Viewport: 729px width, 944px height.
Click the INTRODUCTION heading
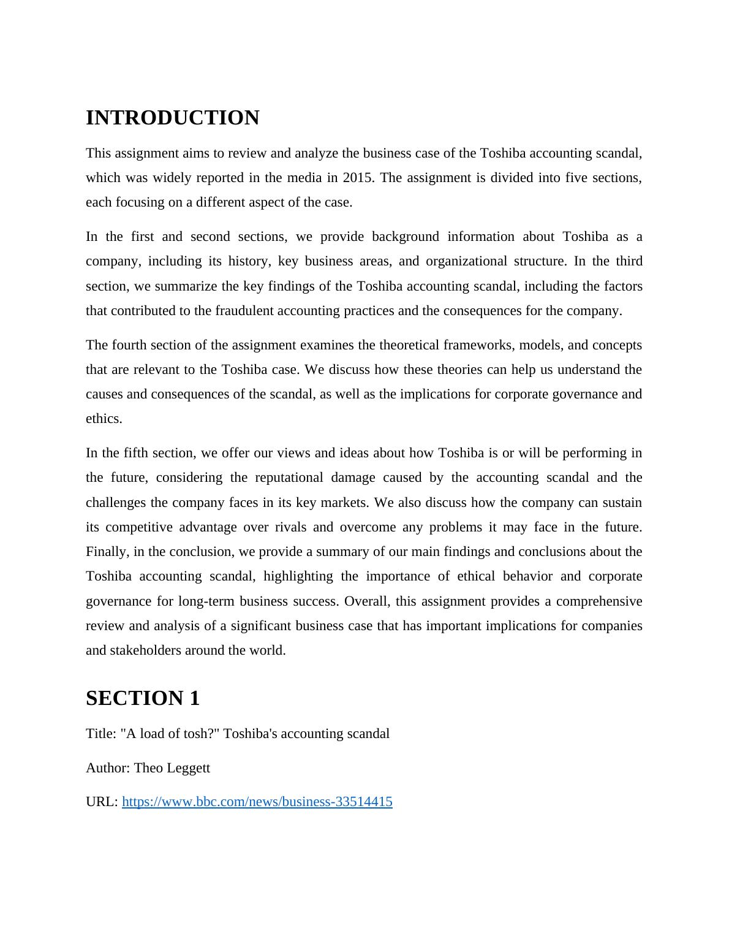pyautogui.click(x=172, y=118)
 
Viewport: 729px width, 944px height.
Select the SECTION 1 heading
pyautogui.click(x=143, y=698)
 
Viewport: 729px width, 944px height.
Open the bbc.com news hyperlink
pyautogui.click(x=257, y=802)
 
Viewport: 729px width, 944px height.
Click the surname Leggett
pyautogui.click(x=187, y=768)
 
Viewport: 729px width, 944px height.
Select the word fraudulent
pyautogui.click(x=244, y=311)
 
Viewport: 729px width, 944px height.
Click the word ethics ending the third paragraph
pyautogui.click(x=104, y=419)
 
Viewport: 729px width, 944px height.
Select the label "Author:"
pyautogui.click(x=108, y=768)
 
